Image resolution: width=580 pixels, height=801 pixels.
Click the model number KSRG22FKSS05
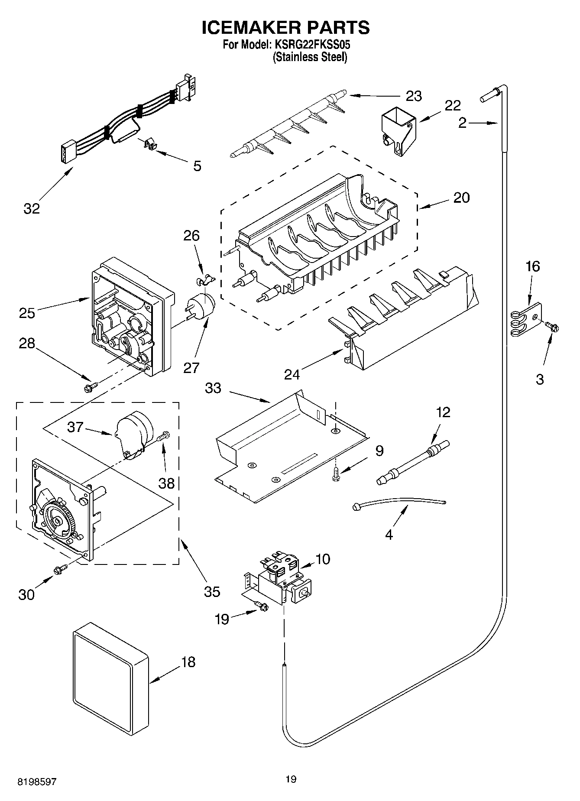coord(311,45)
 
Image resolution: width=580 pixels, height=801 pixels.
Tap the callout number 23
coord(414,96)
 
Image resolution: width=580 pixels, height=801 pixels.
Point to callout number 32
coord(32,208)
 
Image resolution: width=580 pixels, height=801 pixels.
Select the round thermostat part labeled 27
coord(201,305)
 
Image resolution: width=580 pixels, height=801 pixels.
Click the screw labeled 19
coord(262,607)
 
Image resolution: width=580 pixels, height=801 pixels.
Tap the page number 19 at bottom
coord(291,780)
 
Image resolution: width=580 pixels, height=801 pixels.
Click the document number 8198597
coord(37,782)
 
